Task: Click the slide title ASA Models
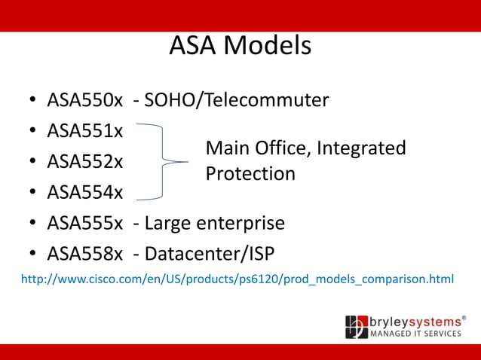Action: click(240, 46)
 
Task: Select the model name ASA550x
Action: click(85, 99)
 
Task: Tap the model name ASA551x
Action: click(85, 130)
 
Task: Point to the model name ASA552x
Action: click(85, 161)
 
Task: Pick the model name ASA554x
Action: click(85, 192)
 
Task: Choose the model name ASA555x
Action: click(85, 224)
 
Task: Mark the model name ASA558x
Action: click(85, 255)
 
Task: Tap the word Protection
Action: click(250, 174)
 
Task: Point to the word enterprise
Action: click(240, 224)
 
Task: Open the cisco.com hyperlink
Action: click(237, 279)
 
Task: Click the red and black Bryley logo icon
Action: click(357, 327)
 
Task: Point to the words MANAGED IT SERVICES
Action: click(415, 333)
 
